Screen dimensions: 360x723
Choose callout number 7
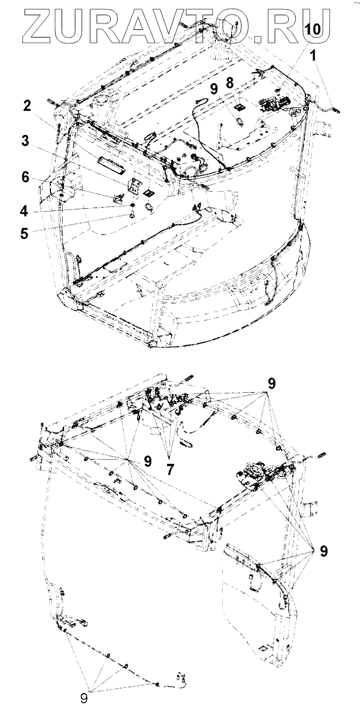[170, 470]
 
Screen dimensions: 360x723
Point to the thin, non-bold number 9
[83, 699]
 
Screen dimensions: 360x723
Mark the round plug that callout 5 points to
[131, 217]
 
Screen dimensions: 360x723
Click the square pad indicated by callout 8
[240, 107]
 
